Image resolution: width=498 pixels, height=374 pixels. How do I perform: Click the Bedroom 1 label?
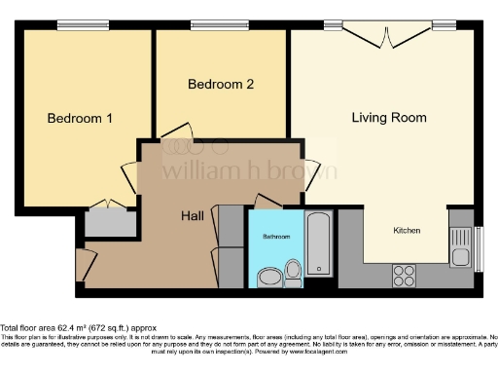click(x=81, y=119)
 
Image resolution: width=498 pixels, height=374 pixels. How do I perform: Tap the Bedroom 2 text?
click(x=221, y=85)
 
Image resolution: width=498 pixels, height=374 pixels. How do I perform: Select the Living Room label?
click(x=389, y=118)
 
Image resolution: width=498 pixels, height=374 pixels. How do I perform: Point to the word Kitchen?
click(x=407, y=231)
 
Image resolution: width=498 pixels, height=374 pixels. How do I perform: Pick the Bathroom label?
click(x=276, y=237)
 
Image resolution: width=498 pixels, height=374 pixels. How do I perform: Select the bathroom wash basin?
click(x=267, y=278)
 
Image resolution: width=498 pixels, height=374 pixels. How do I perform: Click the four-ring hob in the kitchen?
click(x=403, y=276)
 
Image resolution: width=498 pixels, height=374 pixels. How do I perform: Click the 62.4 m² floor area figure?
click(x=73, y=328)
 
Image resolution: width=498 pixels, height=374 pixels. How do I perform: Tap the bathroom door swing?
click(x=267, y=199)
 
